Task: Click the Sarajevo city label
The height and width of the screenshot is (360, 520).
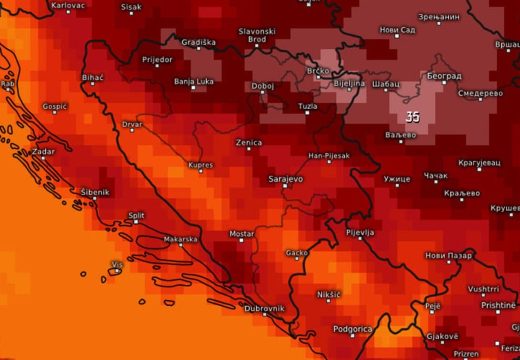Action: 285,180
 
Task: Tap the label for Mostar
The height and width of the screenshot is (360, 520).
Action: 242,234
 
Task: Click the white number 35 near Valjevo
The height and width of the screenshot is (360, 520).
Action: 412,117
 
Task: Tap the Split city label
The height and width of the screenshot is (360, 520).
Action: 136,214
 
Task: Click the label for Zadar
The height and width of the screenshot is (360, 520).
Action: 44,151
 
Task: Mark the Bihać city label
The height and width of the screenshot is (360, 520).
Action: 93,77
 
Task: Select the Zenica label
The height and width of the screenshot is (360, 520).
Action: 249,143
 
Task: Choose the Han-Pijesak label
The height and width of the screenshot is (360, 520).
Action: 329,157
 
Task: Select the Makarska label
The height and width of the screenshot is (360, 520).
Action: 180,239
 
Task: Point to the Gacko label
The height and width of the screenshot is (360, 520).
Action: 297,253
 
